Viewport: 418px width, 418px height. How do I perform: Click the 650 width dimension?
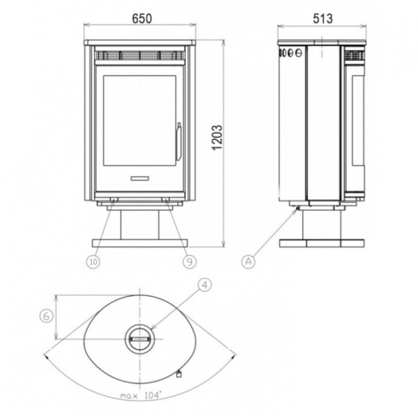(x=142, y=19)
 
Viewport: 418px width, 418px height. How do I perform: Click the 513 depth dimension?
(x=323, y=19)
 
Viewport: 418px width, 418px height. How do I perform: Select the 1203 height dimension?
(x=217, y=137)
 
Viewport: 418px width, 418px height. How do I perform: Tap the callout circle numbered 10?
(x=93, y=262)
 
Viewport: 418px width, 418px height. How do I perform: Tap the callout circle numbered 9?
(x=189, y=262)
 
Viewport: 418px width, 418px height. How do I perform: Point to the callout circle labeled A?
(x=248, y=261)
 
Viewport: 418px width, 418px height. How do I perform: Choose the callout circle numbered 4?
(x=205, y=285)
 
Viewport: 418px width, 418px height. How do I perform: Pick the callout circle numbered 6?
(x=47, y=316)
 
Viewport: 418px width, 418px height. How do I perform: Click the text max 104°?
(x=141, y=395)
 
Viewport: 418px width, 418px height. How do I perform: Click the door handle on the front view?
(x=178, y=141)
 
